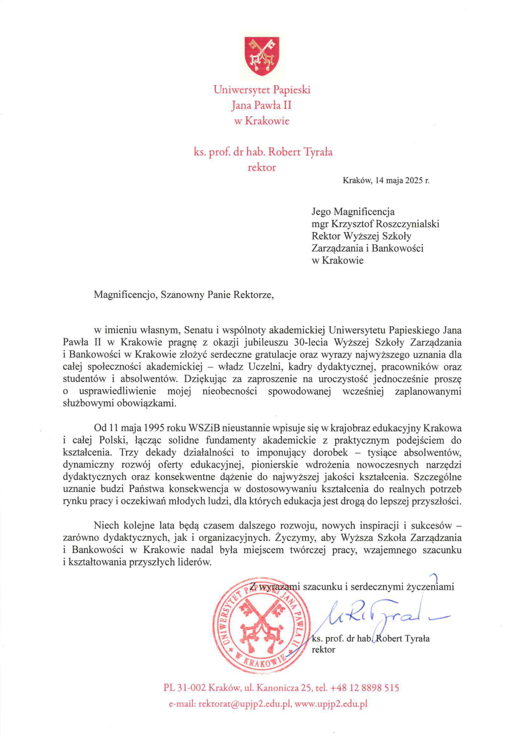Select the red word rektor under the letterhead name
point(262,167)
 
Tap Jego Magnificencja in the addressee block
point(353,212)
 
